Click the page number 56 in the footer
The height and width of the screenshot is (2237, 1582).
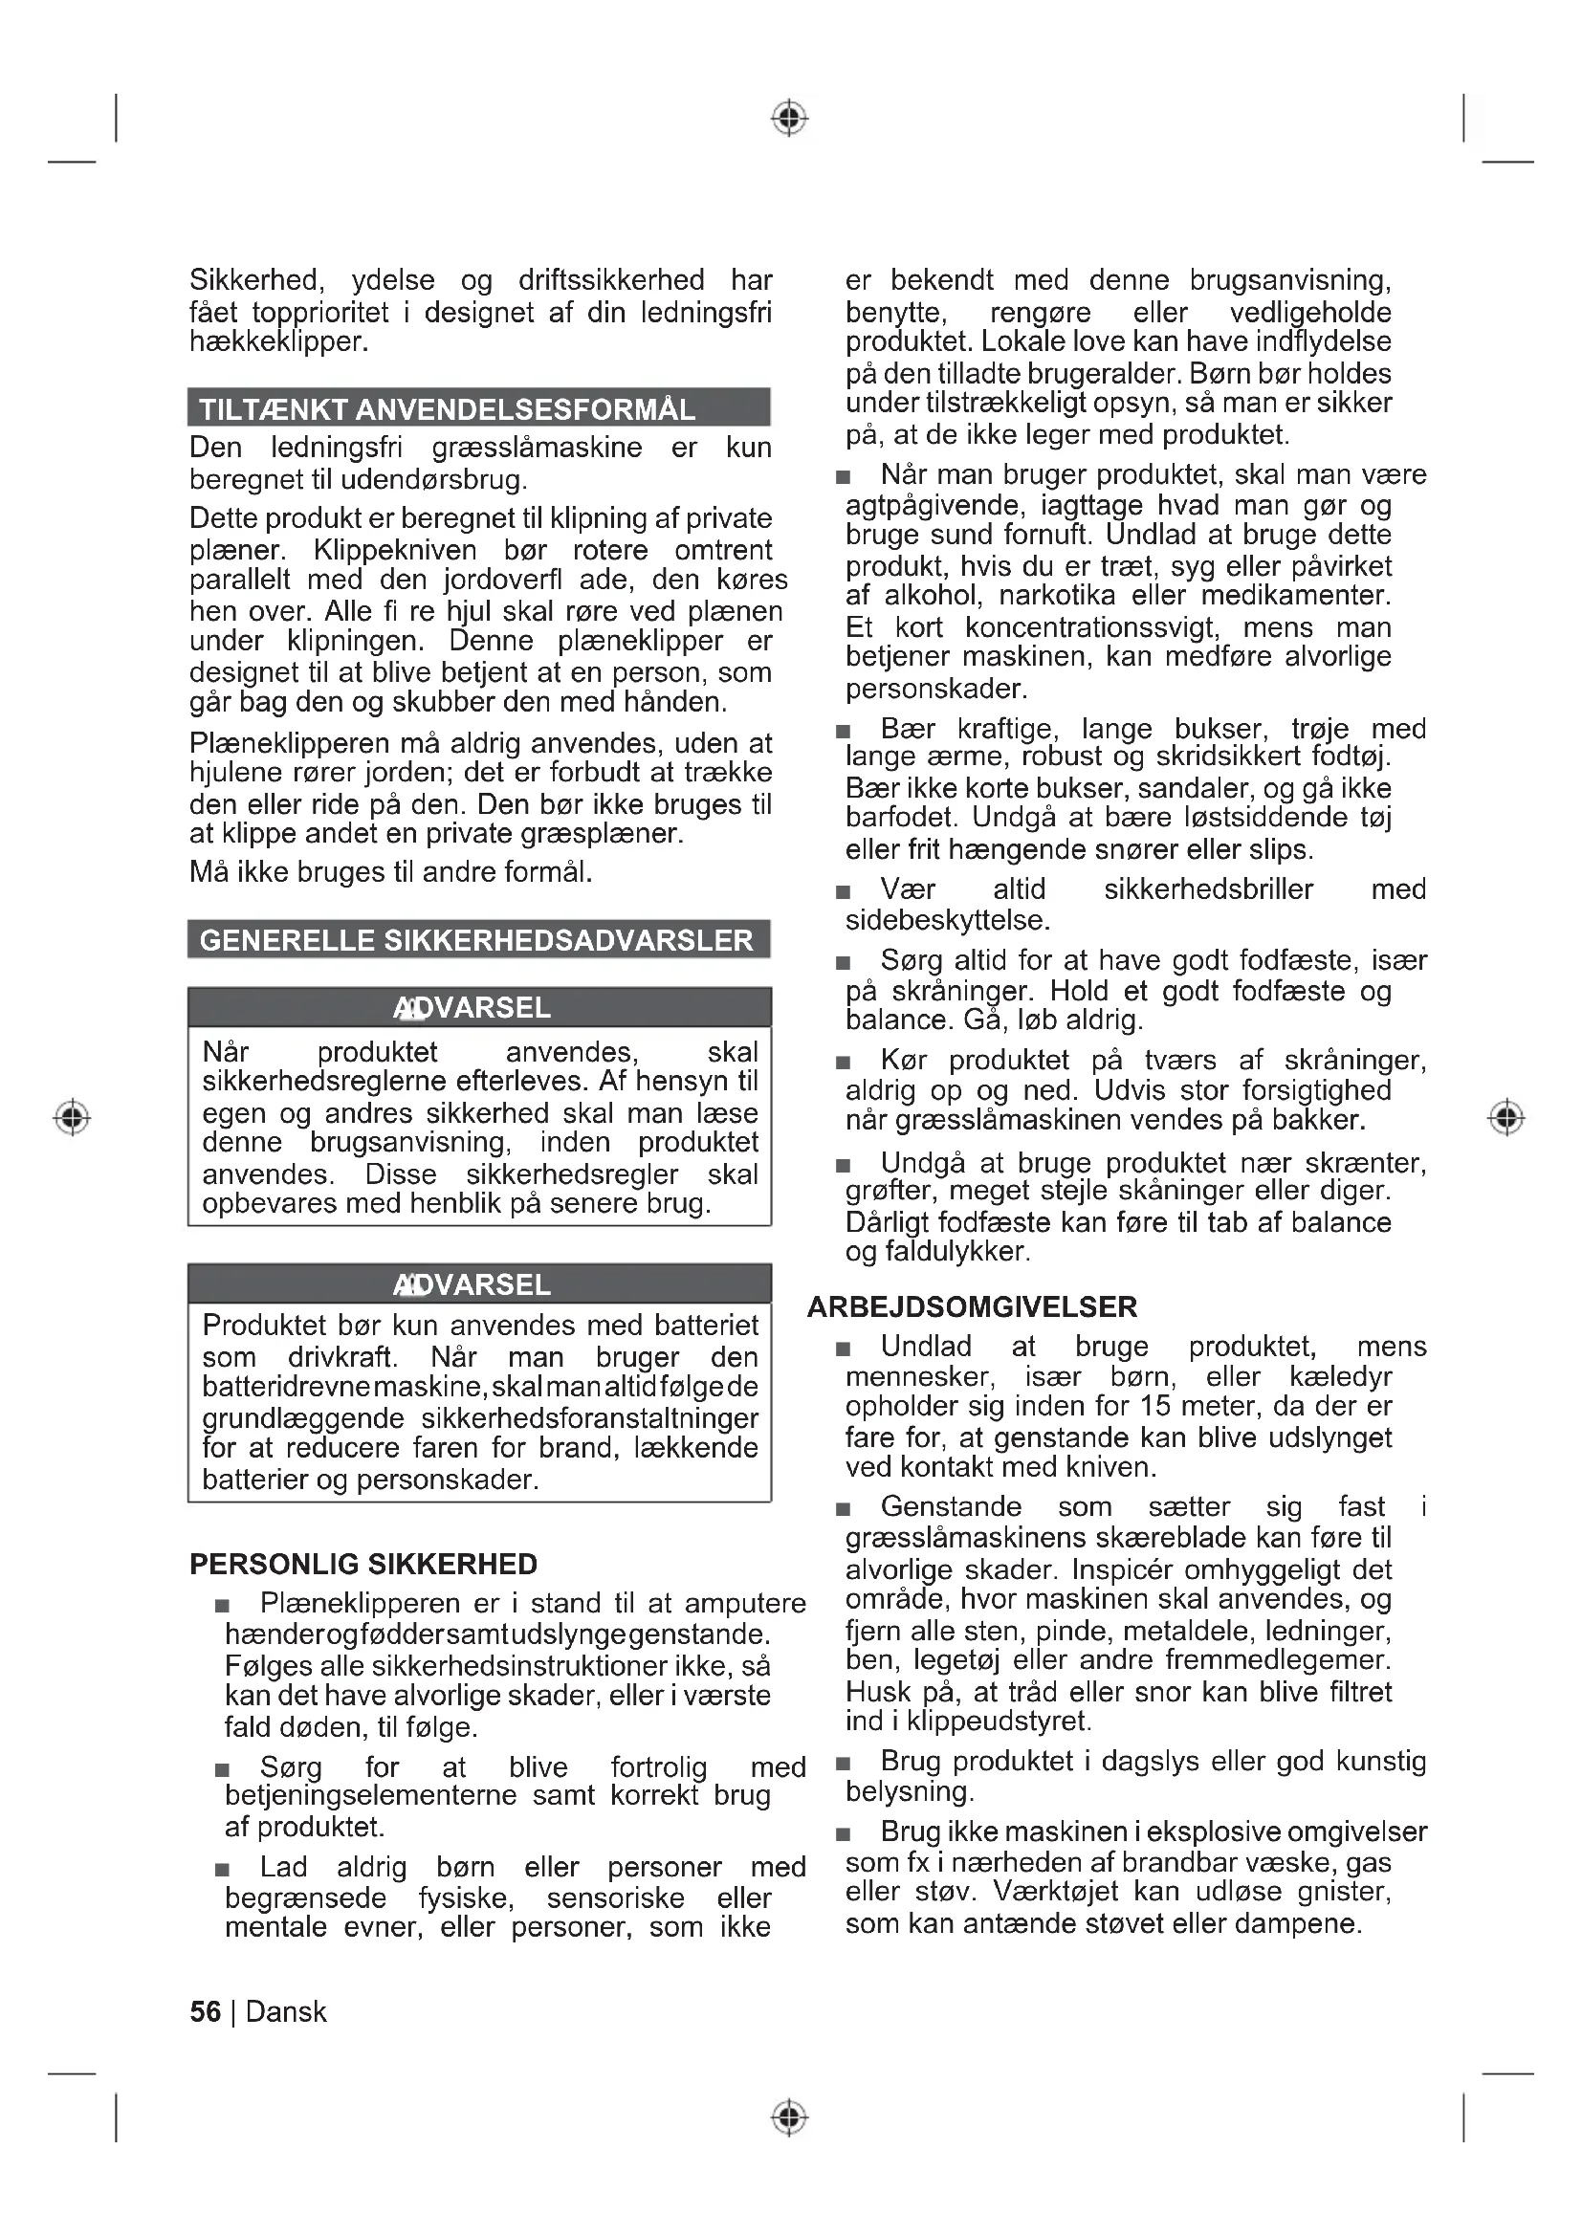(x=205, y=2012)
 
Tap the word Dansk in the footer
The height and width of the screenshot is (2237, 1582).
(x=286, y=2012)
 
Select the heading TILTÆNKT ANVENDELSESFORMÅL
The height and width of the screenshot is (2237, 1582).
(x=447, y=409)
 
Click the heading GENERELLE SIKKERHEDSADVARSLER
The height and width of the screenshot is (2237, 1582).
(x=476, y=940)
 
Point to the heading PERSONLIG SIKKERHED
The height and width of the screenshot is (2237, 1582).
(x=363, y=1564)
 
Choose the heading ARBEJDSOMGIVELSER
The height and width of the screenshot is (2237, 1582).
(x=972, y=1306)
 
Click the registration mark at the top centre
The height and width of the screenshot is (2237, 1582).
(x=790, y=118)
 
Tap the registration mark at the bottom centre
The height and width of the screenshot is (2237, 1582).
(x=790, y=2117)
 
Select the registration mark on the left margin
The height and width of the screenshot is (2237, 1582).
(x=71, y=1116)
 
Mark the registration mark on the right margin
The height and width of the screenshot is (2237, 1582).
(x=1506, y=1116)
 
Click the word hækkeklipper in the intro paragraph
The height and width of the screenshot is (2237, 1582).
(x=277, y=342)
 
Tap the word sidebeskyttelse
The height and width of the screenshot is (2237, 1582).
(x=947, y=920)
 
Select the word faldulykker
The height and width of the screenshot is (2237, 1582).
(x=954, y=1251)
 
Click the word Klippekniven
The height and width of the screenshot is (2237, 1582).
(x=394, y=550)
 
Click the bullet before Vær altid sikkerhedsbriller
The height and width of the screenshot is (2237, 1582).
(x=843, y=891)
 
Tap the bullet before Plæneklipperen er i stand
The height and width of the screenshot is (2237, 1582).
(x=222, y=1606)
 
